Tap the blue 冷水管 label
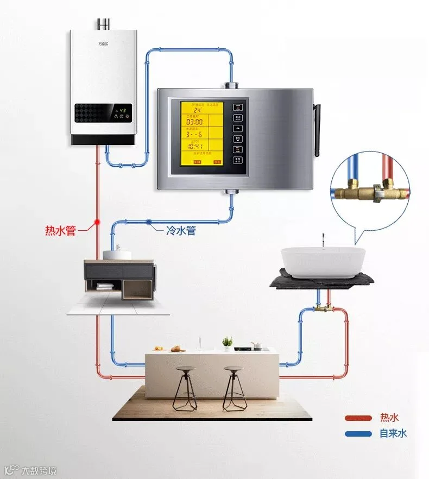pyautogui.click(x=180, y=230)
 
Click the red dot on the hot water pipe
pyautogui.click(x=97, y=222)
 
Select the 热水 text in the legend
pyautogui.click(x=389, y=418)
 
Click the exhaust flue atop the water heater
pyautogui.click(x=103, y=24)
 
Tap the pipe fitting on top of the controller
pyautogui.click(x=231, y=85)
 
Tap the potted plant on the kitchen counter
pyautogui.click(x=228, y=342)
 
